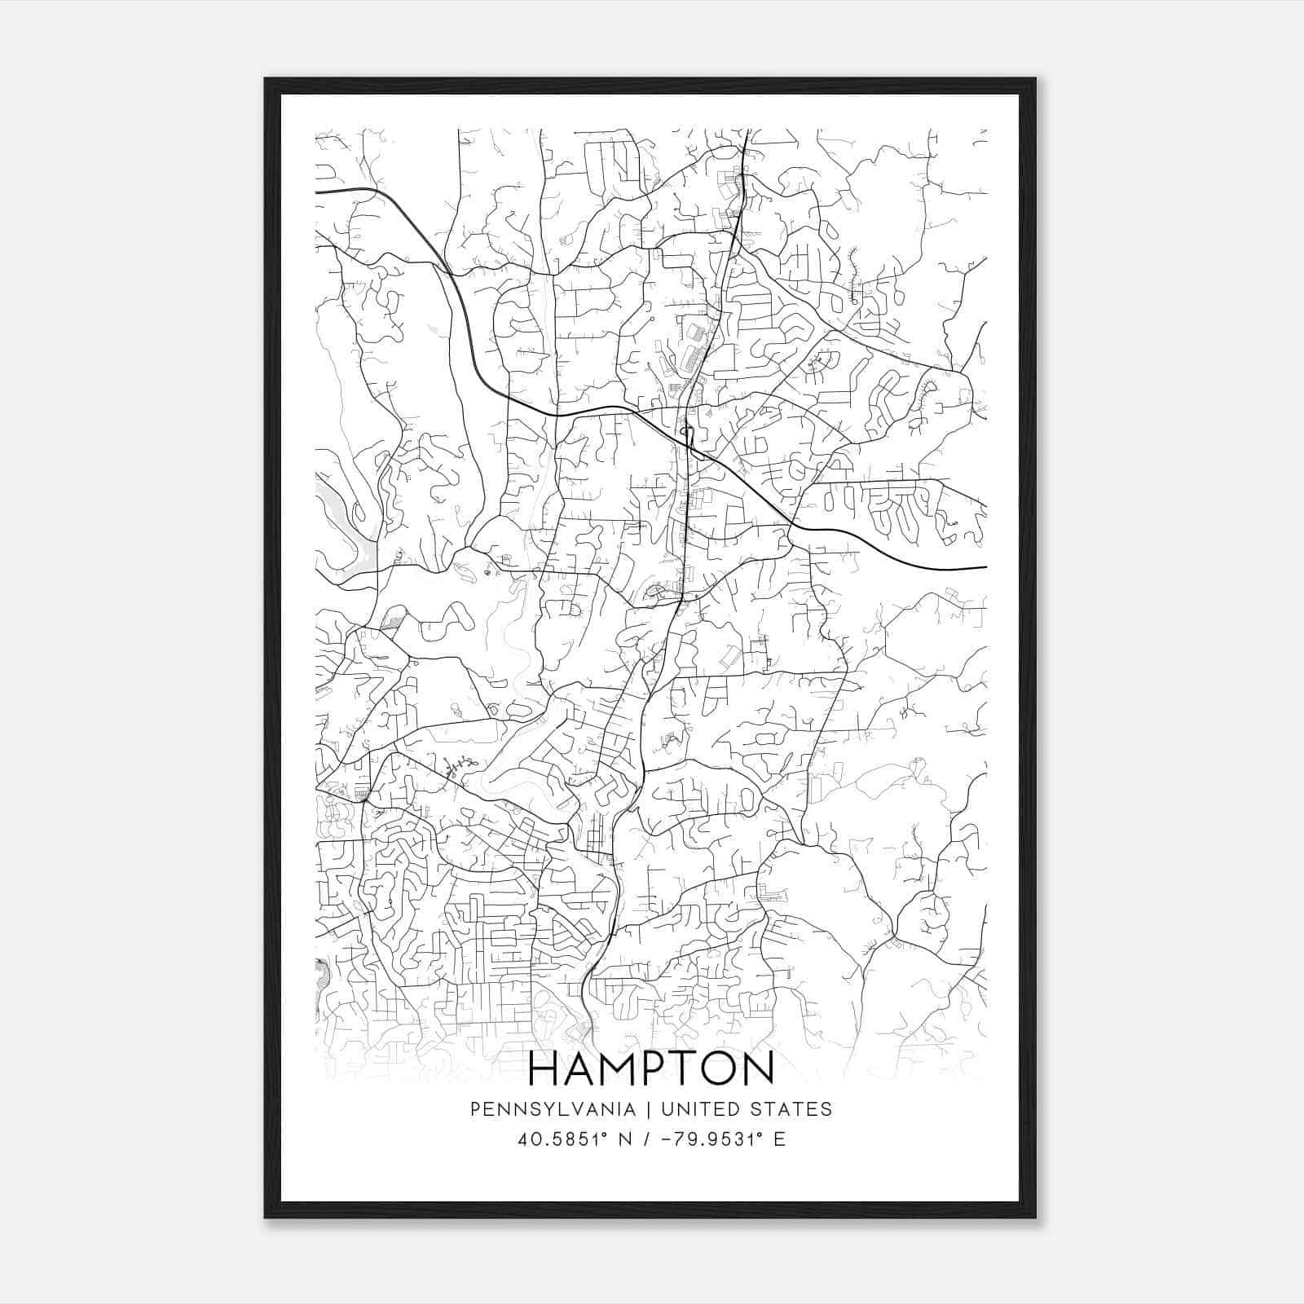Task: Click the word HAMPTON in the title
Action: [651, 1069]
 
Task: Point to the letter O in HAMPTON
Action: [720, 1069]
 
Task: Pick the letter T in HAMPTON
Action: [686, 1069]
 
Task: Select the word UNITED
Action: [700, 1109]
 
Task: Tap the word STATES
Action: [790, 1109]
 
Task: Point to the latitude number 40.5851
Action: [560, 1139]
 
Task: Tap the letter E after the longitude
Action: [780, 1139]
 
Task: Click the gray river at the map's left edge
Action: [338, 522]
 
